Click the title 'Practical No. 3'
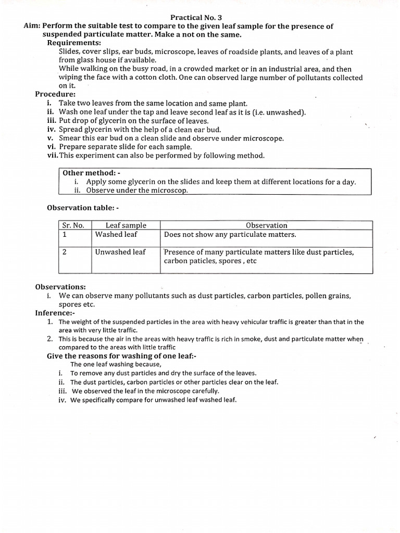coord(199,17)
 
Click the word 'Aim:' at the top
coord(32,26)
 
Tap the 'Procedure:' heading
coord(55,94)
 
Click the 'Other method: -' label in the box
coord(92,173)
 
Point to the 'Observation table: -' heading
coord(83,208)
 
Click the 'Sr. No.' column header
coord(73,225)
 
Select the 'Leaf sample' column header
coord(126,225)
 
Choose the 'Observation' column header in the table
coord(266,225)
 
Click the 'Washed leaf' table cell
coord(116,235)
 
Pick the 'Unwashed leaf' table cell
coord(120,252)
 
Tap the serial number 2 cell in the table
coord(65,252)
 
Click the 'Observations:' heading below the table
coord(60,287)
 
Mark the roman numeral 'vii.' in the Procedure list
coord(51,156)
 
